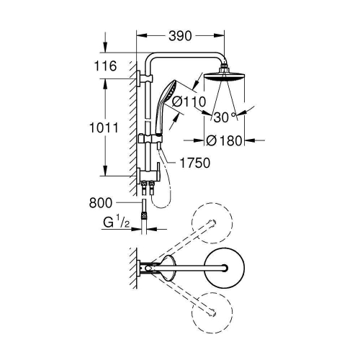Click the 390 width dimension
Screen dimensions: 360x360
pos(180,36)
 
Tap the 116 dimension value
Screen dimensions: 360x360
pos(105,66)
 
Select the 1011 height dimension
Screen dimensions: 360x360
pos(104,127)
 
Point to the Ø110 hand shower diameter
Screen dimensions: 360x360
pos(189,102)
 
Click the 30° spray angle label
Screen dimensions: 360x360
pos(224,117)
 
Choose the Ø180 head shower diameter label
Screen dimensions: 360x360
pos(224,140)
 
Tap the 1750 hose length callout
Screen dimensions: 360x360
pos(194,163)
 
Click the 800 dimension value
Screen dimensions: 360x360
pos(101,203)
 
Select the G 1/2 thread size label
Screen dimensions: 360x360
pos(117,222)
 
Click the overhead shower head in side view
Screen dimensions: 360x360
pos(224,77)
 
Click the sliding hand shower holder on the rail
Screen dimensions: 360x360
pos(150,139)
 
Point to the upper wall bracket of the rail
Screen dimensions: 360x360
pos(145,78)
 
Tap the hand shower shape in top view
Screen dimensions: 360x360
pos(168,268)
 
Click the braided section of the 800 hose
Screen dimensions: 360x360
pos(144,215)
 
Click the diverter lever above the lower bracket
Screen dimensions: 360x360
pos(158,171)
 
